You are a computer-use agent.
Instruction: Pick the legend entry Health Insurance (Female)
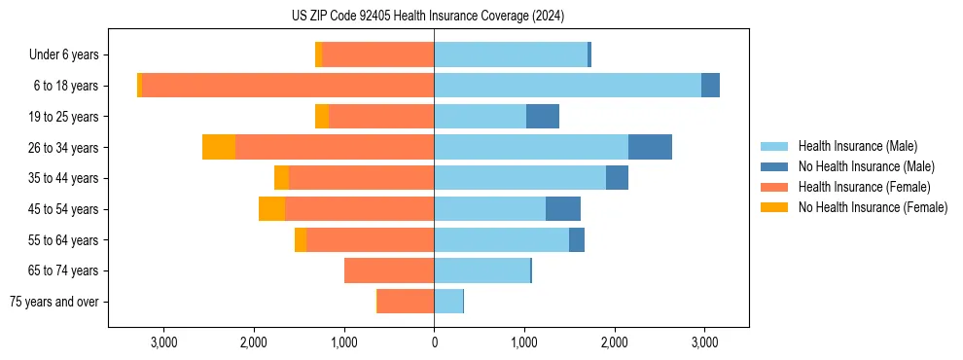point(864,187)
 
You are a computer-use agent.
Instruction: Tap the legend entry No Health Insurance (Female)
point(873,207)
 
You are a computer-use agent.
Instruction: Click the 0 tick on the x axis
point(434,342)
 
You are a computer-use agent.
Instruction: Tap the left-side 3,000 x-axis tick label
point(163,342)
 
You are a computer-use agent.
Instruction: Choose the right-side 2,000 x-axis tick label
point(615,342)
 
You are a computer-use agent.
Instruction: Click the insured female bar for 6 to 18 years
point(288,86)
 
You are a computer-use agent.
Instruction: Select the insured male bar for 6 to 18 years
point(567,86)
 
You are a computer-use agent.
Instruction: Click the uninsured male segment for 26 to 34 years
point(650,147)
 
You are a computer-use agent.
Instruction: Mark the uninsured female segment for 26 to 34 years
point(219,147)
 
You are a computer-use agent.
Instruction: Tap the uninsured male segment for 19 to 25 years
point(543,116)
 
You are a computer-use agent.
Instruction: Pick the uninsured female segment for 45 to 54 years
point(271,209)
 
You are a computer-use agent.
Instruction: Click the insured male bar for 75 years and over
point(448,302)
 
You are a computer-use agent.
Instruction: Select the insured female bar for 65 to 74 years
point(389,270)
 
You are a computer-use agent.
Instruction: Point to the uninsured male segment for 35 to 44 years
point(617,178)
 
